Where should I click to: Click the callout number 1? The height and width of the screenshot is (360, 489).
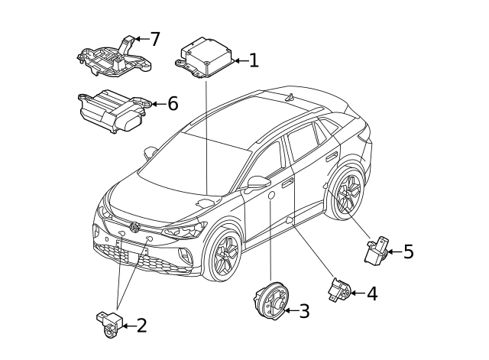[254, 60]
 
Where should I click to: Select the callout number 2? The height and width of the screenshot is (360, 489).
[142, 326]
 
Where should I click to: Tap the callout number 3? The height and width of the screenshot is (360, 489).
[304, 311]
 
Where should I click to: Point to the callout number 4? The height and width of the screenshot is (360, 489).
[372, 294]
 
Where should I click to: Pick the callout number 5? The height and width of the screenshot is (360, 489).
[409, 251]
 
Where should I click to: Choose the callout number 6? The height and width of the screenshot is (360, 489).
[173, 103]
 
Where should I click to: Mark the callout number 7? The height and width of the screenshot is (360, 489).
[155, 39]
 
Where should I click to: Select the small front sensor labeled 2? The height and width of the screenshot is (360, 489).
[109, 324]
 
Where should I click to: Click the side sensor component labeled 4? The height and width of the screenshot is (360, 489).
[339, 290]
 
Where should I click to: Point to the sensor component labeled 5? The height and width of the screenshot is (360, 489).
[377, 250]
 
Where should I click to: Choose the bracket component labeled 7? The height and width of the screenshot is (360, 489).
[114, 57]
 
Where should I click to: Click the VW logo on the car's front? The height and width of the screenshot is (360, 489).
[135, 227]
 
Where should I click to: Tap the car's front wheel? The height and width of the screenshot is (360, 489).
[222, 255]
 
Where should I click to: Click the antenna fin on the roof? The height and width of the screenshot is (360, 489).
[290, 97]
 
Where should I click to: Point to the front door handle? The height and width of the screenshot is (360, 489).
[287, 183]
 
